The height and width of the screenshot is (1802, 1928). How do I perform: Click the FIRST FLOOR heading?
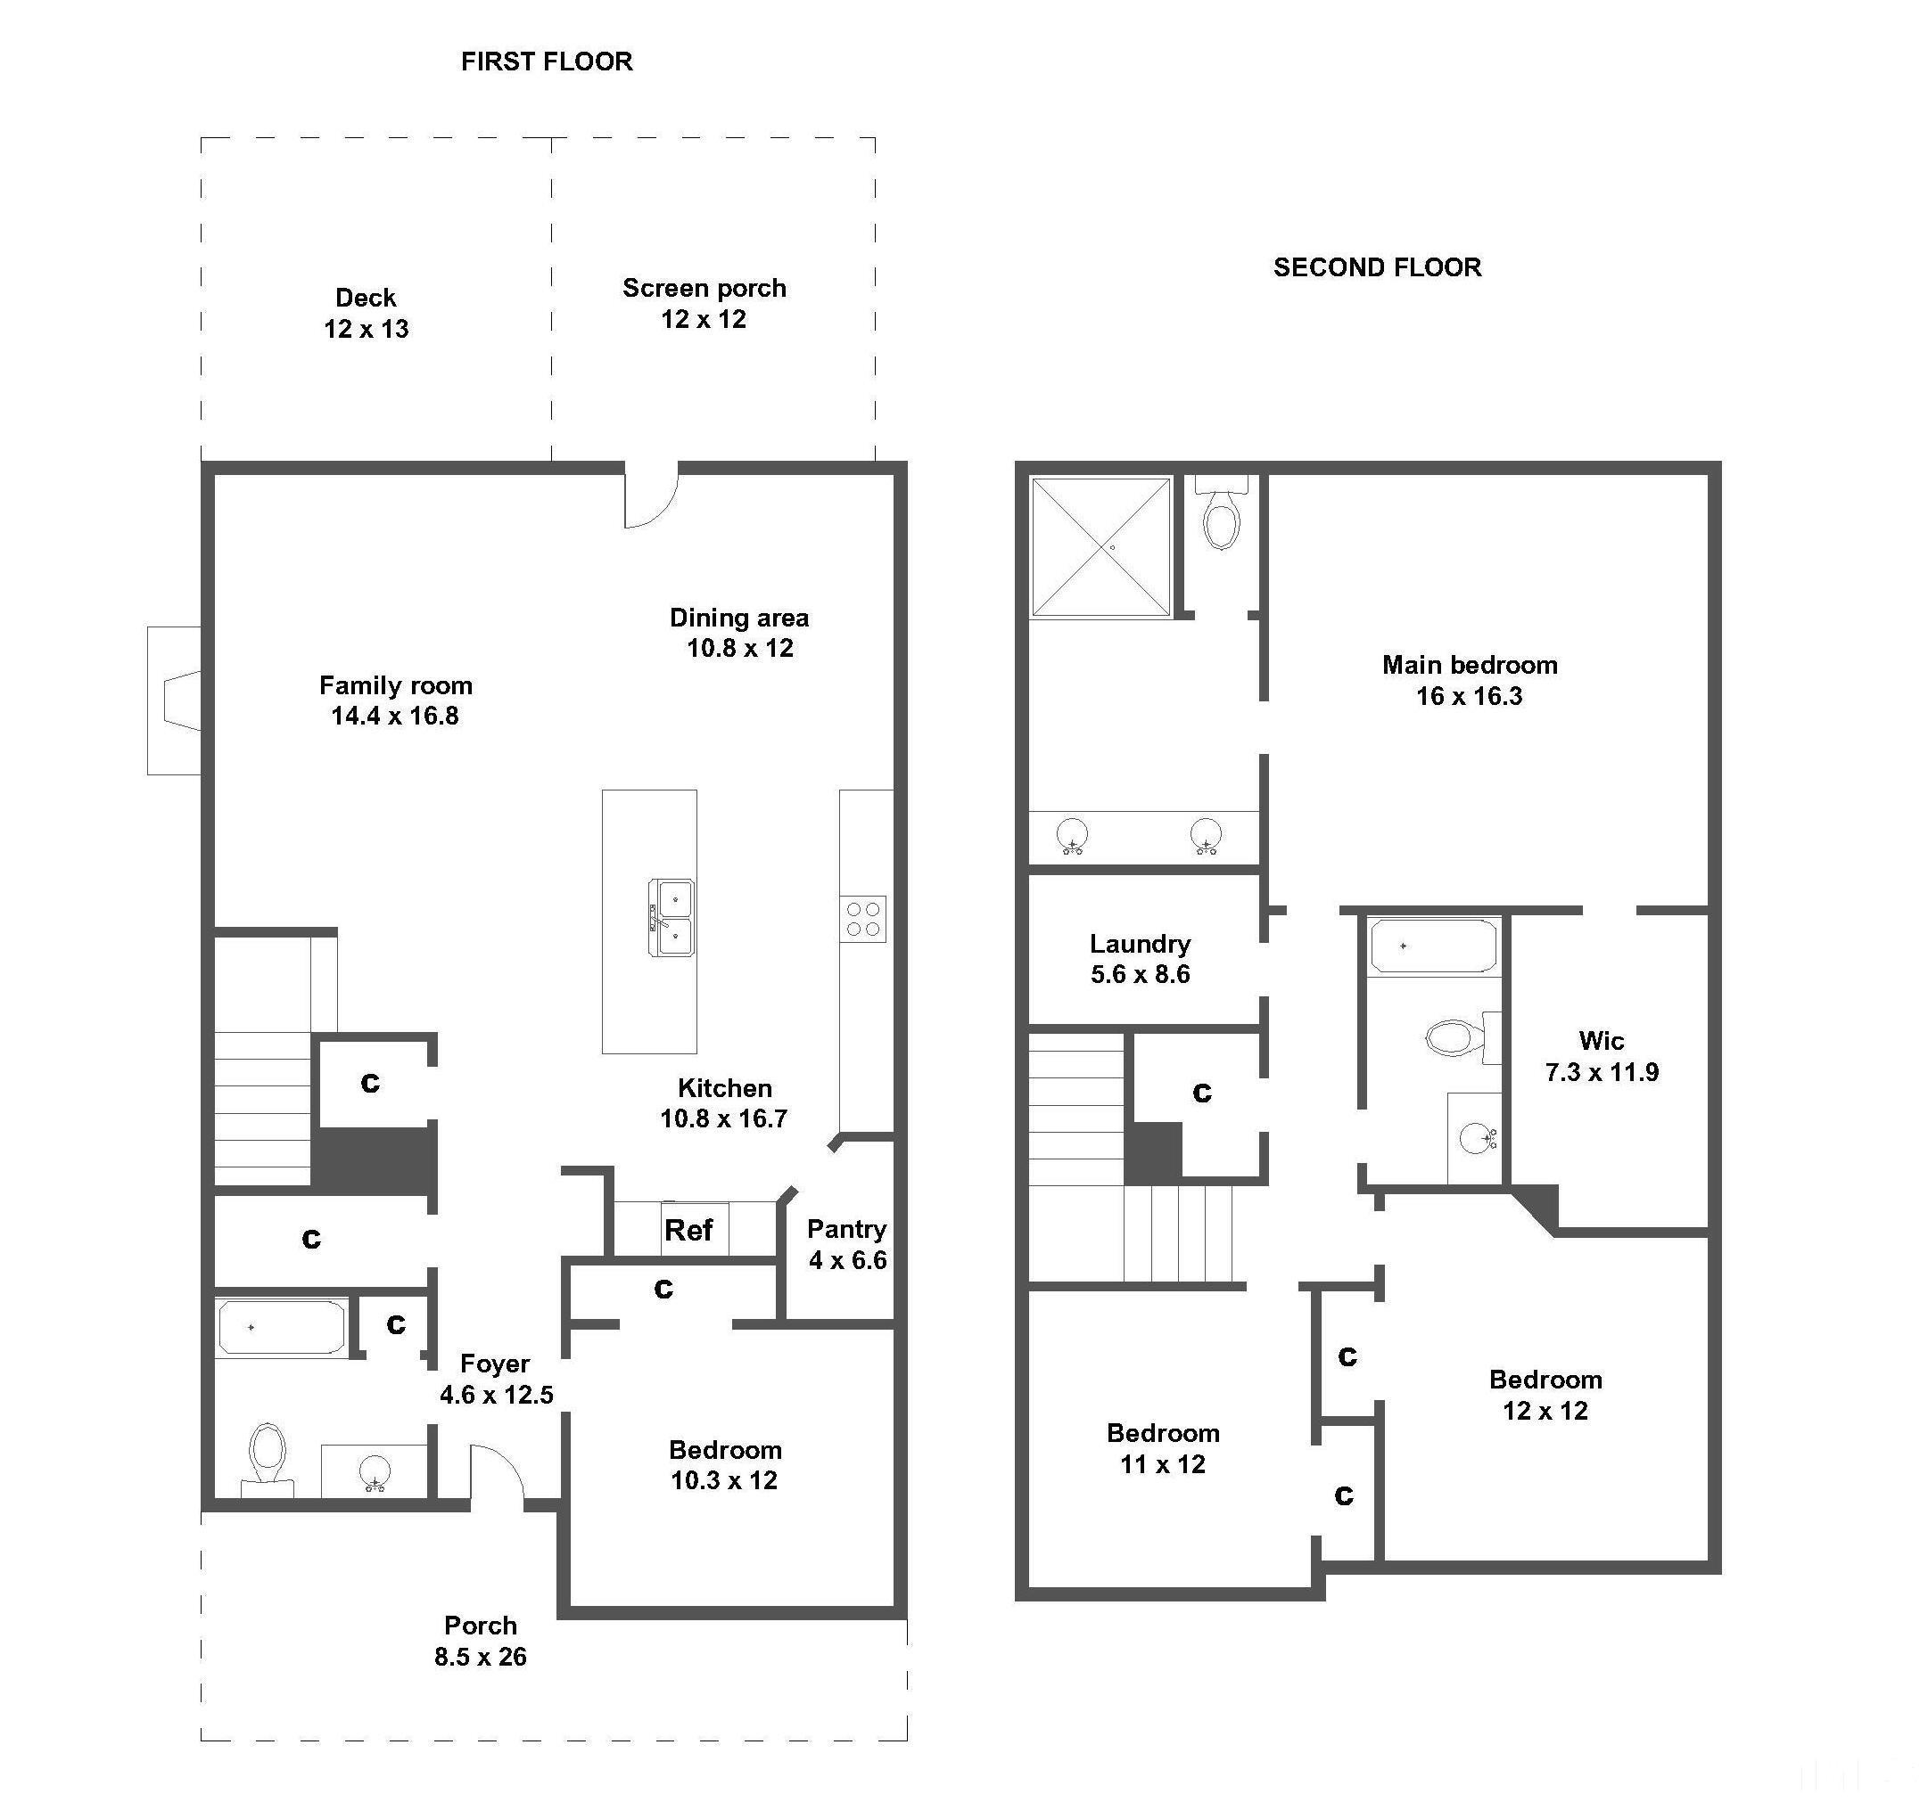coord(547,62)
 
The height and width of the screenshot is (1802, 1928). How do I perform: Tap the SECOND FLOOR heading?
coord(1377,267)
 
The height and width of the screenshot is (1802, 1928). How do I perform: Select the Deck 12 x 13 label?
coord(366,313)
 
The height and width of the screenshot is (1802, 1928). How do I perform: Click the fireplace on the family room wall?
coord(175,700)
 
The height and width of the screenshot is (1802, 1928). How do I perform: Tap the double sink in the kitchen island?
coord(672,918)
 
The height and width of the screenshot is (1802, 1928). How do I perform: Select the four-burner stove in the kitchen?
coord(862,919)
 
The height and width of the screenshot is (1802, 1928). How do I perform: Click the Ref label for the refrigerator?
coord(688,1230)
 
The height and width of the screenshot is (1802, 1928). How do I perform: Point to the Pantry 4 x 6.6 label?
coord(846,1245)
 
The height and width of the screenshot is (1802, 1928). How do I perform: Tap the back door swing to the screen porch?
coord(650,496)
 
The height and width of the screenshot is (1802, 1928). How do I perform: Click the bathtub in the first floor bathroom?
coord(281,1328)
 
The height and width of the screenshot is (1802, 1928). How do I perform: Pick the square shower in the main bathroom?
coord(1100,548)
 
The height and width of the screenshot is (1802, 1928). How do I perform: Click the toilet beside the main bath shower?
coord(1221,513)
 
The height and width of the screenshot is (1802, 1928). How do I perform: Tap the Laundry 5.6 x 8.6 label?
coord(1141,959)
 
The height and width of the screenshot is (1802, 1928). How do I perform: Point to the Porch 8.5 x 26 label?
coord(480,1641)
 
